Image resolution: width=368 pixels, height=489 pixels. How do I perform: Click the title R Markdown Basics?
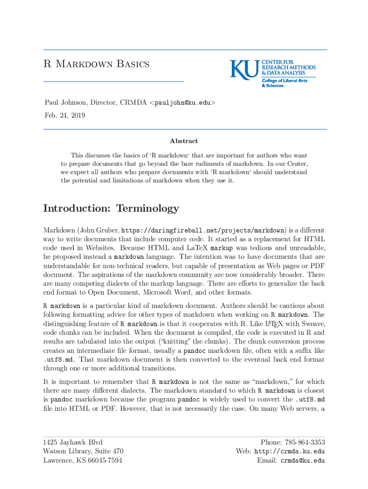click(x=97, y=64)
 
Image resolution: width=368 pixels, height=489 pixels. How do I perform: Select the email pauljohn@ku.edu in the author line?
click(x=184, y=102)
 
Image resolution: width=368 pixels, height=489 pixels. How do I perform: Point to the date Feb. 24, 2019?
click(x=65, y=115)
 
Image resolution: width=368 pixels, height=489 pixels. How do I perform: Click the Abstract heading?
click(x=184, y=141)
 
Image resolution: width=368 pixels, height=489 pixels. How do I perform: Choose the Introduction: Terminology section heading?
click(x=111, y=208)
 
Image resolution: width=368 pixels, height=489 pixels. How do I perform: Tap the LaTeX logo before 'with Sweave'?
click(x=272, y=324)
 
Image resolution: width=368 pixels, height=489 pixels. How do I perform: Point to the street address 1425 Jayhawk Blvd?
click(x=73, y=442)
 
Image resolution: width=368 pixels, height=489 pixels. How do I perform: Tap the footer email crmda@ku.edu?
click(x=303, y=461)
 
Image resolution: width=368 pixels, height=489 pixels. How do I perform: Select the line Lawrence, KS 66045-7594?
click(x=83, y=460)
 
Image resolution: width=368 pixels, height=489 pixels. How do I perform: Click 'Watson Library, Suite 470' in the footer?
click(x=84, y=451)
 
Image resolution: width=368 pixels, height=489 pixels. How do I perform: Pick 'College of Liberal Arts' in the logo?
click(x=284, y=81)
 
